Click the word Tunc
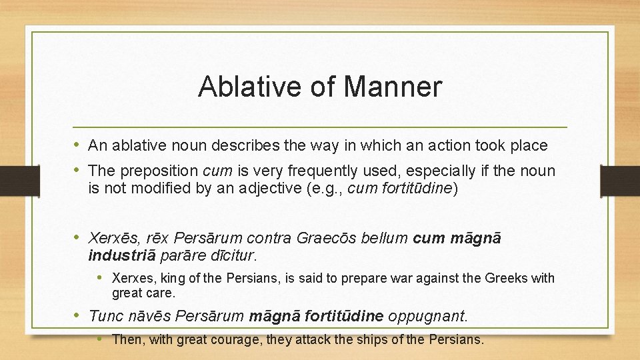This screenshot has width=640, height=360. (104, 315)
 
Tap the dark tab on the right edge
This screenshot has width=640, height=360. (620, 181)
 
